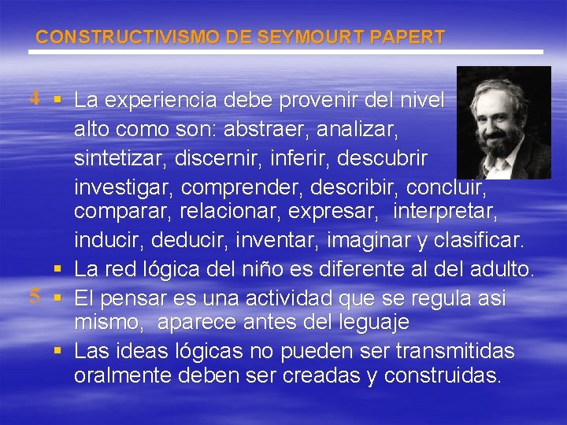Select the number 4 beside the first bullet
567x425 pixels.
click(35, 99)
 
